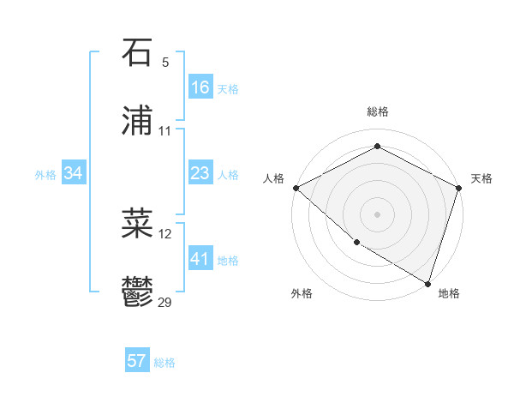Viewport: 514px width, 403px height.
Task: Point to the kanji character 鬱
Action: pos(138,294)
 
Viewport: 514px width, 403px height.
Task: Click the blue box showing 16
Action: pos(200,87)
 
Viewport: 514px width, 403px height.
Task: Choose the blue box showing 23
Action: pos(200,174)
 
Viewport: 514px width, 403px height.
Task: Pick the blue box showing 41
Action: pos(200,259)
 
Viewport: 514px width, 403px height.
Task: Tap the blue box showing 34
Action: pos(74,174)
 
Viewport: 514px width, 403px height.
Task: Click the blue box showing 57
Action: pos(137,361)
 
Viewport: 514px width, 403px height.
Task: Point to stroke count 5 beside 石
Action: pos(165,63)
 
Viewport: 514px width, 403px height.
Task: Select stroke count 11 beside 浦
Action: pos(165,131)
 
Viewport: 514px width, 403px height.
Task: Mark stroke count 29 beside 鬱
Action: pos(165,303)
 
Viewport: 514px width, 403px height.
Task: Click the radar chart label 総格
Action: pos(377,111)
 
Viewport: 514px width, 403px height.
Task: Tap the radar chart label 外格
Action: pos(302,293)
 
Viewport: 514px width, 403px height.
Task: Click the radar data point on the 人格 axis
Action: pos(296,188)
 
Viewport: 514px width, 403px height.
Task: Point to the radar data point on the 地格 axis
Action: pos(427,283)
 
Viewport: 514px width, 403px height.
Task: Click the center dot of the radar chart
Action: pos(377,214)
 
